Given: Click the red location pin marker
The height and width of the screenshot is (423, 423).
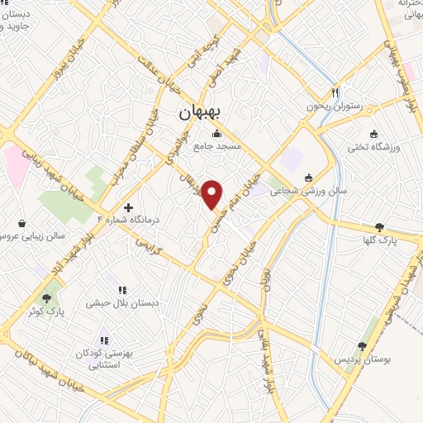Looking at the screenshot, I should point(212,192).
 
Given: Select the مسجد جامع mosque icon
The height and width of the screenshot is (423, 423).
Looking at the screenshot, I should point(217,134).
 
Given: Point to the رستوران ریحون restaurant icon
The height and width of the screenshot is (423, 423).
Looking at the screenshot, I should point(335,93).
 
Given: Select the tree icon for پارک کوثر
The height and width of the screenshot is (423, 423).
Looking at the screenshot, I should point(51,296).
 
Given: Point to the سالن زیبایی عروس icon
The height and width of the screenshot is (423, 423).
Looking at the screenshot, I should point(21,223).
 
